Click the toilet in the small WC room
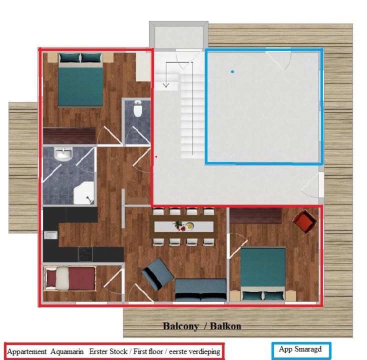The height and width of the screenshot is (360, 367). [x=137, y=108]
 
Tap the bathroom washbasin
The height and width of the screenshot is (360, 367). [x=63, y=154]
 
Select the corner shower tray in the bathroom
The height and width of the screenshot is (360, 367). [x=84, y=193]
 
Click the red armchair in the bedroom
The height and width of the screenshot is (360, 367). [x=304, y=221]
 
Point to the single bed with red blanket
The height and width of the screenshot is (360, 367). [x=70, y=278]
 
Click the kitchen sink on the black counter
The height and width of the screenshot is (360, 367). [x=51, y=235]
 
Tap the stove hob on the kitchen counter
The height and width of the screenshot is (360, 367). [x=85, y=254]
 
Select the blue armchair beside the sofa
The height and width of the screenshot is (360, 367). [x=157, y=274]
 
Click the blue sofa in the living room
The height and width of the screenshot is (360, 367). [x=200, y=290]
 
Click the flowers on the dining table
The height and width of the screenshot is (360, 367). [x=179, y=225]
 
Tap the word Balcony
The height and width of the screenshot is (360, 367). [x=180, y=326]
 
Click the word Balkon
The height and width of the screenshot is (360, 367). [x=225, y=326]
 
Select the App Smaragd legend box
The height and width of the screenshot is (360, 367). [x=301, y=350]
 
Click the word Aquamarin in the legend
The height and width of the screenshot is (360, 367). [x=67, y=351]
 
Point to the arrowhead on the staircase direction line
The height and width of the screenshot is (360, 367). [x=166, y=85]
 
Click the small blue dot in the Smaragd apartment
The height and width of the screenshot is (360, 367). [x=232, y=71]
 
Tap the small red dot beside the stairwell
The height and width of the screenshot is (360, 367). [x=156, y=157]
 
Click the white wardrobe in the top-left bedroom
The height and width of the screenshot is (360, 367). [x=143, y=67]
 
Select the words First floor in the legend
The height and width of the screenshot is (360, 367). [x=148, y=351]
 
